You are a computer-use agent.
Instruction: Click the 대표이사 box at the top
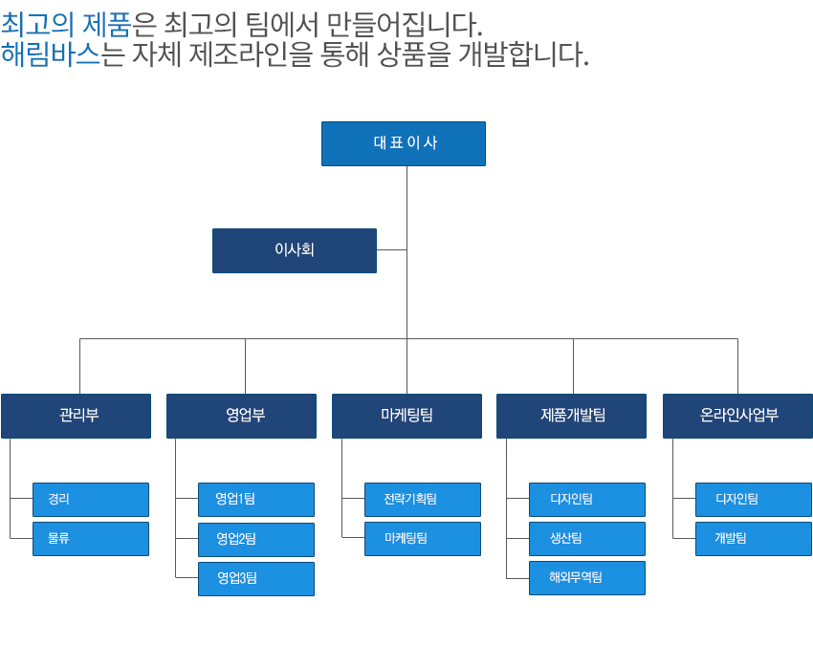pos(403,143)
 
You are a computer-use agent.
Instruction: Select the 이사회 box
pos(294,250)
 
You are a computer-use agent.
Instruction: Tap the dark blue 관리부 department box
pos(76,416)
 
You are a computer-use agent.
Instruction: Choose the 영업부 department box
pos(241,416)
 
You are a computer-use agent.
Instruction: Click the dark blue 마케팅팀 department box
pos(406,416)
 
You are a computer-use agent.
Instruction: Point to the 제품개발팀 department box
pos(571,416)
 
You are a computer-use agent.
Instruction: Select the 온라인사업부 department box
pos(737,416)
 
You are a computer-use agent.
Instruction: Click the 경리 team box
pos(91,499)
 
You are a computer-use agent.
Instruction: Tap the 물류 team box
pos(91,538)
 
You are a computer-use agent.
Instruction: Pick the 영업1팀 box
pos(256,499)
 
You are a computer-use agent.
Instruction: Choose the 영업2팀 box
pos(256,539)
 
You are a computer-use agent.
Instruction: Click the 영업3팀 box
pos(256,578)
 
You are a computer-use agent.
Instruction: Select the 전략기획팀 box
pos(422,499)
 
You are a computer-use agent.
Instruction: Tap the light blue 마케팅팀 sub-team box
pos(422,538)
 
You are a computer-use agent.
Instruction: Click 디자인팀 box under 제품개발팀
pos(587,499)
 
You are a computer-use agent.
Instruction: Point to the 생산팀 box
pos(587,538)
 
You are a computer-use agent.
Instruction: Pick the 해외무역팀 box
pos(587,577)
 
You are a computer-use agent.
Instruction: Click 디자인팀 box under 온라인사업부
pos(754,499)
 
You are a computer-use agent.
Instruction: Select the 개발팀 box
pos(754,538)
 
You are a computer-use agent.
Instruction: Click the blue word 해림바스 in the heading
pos(51,54)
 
